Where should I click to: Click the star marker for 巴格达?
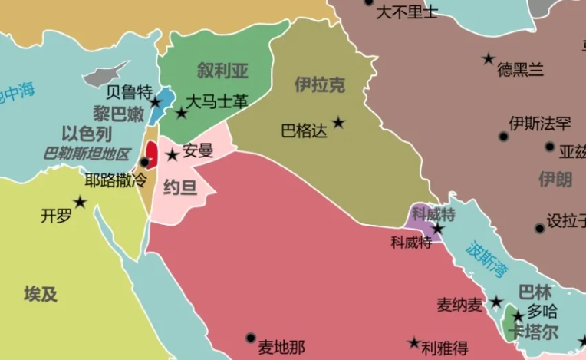click(338, 122)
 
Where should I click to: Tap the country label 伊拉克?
click(320, 84)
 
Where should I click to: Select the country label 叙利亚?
click(222, 71)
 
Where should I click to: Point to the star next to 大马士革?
click(182, 114)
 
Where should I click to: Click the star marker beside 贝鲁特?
click(156, 102)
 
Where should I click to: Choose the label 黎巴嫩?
click(119, 114)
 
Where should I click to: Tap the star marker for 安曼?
click(173, 156)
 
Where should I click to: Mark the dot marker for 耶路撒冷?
click(144, 162)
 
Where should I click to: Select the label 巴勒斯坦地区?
click(87, 153)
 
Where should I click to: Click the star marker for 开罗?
click(80, 202)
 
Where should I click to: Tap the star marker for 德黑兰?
click(488, 58)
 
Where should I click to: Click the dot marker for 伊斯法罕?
click(503, 137)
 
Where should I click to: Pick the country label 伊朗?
click(555, 180)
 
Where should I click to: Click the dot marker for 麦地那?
click(250, 337)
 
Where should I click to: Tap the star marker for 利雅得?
click(414, 342)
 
